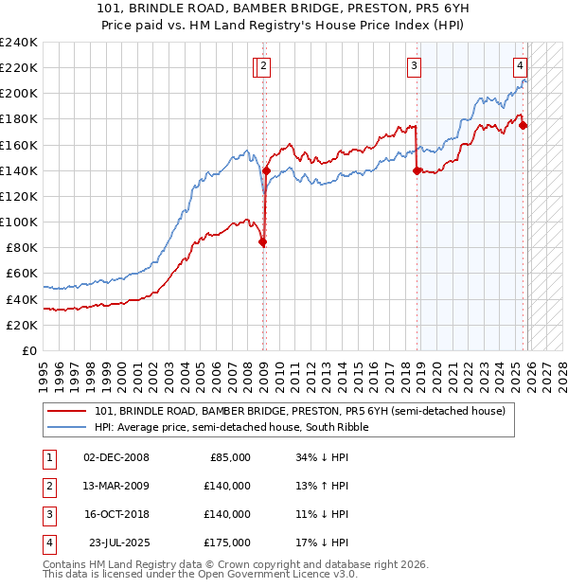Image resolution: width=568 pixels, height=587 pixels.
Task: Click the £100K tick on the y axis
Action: coord(18,222)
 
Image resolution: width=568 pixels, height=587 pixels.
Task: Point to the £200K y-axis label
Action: coord(18,94)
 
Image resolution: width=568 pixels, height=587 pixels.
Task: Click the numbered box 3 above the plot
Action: coord(415,66)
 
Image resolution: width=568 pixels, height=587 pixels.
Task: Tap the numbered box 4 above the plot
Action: coord(521,66)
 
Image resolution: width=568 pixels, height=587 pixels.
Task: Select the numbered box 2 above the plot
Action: coord(263,66)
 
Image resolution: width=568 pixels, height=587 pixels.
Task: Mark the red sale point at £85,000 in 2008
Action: coord(262,241)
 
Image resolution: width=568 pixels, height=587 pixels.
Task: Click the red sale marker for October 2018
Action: coord(417,171)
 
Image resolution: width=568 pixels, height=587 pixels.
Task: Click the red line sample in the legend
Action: coord(67,412)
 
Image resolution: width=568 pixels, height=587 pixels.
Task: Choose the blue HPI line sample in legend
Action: coord(67,427)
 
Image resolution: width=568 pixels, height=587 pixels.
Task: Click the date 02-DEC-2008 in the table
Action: coord(116,457)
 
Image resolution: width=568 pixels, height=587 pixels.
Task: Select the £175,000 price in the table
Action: coord(226,543)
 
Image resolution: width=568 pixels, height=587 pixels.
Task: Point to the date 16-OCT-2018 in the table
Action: coord(116,514)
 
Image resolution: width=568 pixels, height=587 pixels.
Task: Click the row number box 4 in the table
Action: coord(46,543)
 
